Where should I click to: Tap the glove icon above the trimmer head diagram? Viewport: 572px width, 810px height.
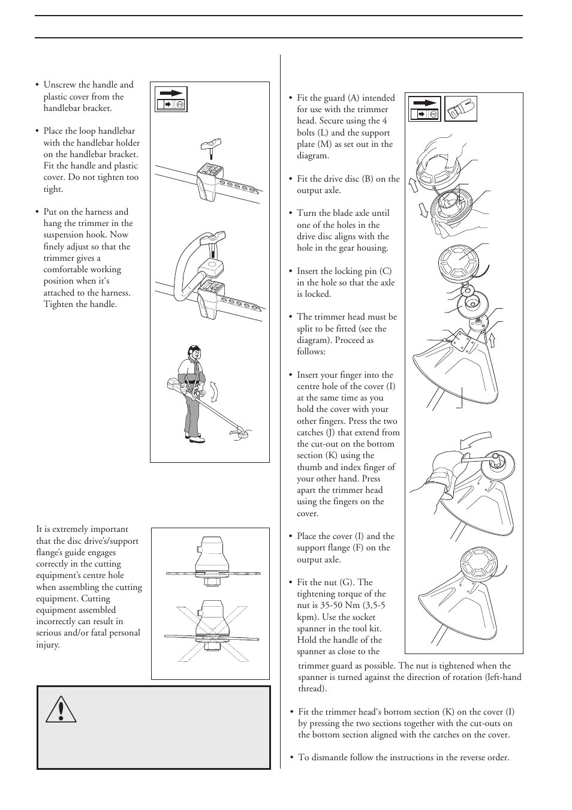[x=461, y=109]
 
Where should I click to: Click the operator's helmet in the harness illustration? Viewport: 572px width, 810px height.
[x=193, y=351]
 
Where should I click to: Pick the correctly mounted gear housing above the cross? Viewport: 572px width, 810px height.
[x=212, y=561]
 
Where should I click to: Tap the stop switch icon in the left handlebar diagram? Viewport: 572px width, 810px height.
[x=171, y=104]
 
